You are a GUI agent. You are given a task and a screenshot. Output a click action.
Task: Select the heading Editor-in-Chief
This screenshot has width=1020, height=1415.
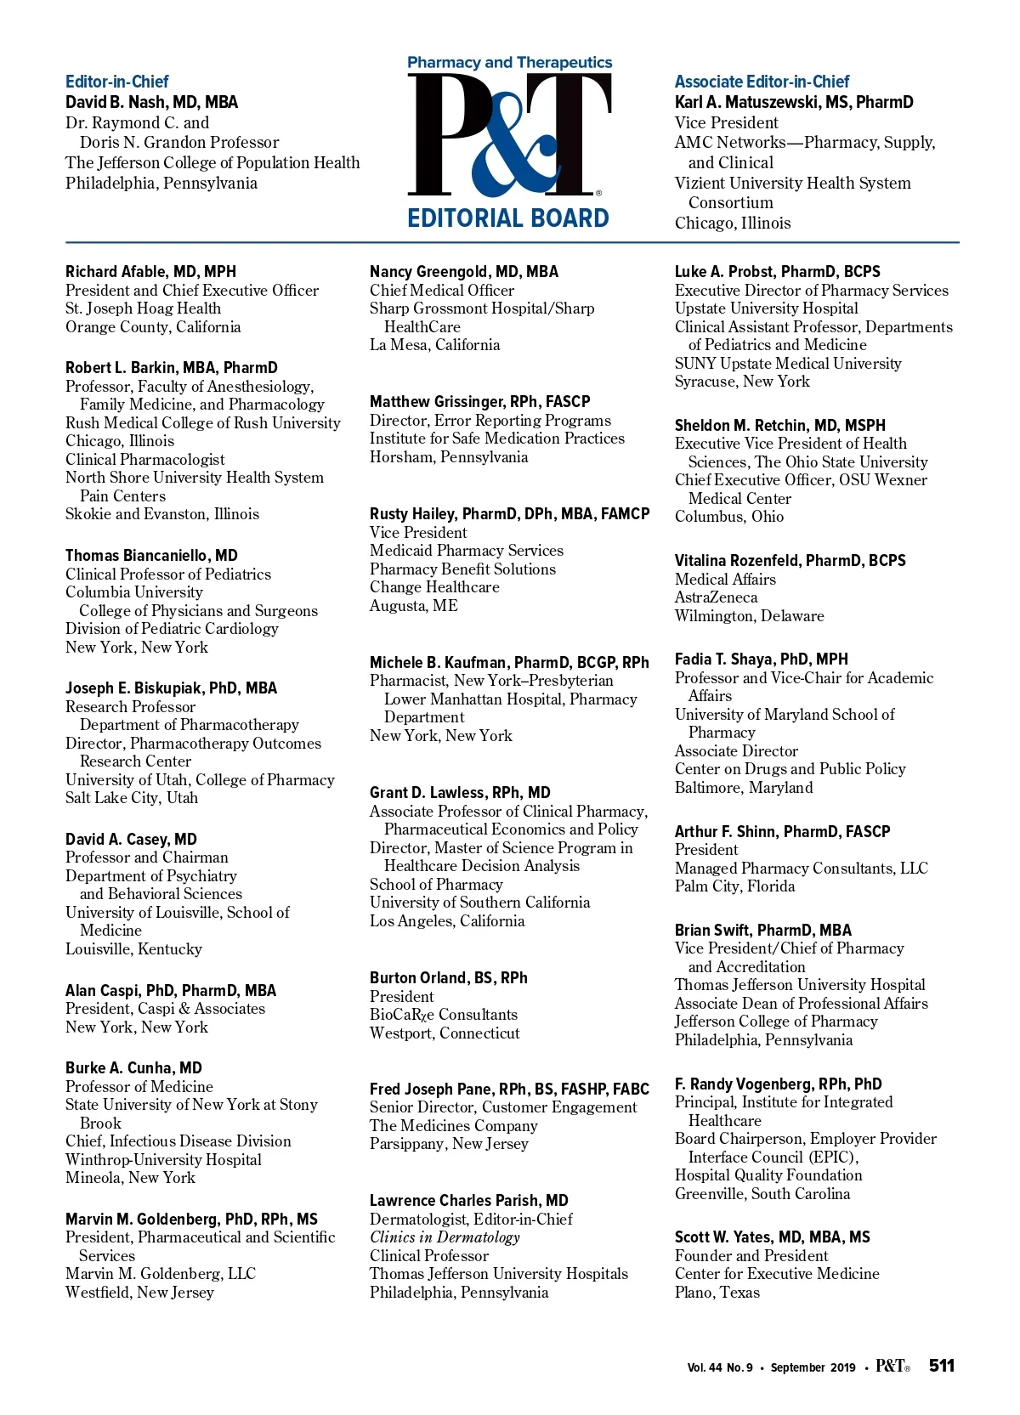[x=117, y=82]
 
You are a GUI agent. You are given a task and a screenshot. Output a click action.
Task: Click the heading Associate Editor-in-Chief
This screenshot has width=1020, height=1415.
[x=762, y=82]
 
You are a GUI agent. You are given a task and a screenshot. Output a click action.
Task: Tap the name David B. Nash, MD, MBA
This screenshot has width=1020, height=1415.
[x=151, y=102]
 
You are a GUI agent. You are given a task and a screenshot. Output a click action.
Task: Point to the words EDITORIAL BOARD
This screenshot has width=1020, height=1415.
[x=508, y=218]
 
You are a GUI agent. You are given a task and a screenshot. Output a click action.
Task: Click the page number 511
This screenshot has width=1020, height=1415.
[x=942, y=1366]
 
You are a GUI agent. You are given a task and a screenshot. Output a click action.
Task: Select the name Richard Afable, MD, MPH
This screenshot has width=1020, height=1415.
[x=150, y=272]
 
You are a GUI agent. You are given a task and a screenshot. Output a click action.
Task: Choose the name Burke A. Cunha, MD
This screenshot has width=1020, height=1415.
[x=133, y=1068]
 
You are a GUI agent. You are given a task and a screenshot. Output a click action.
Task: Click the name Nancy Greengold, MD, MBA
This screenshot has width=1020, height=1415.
[x=463, y=272]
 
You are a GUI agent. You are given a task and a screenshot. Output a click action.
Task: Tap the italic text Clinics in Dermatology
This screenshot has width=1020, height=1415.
[x=445, y=1237]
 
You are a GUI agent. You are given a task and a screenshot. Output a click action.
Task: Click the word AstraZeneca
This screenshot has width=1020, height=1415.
[x=716, y=597]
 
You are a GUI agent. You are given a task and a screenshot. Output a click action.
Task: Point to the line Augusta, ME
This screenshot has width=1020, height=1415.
[x=413, y=606]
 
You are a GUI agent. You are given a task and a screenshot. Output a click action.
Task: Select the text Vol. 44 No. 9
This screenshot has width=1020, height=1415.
[x=720, y=1367]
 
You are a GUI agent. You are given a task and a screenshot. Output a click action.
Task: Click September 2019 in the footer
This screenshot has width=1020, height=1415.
[x=813, y=1367]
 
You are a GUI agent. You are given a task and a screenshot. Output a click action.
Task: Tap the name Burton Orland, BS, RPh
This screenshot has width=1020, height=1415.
[x=448, y=978]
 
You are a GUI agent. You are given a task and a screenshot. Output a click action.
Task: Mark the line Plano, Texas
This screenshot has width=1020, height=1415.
[x=717, y=1293]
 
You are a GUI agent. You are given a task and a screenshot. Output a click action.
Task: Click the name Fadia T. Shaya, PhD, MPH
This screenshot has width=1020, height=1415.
[x=761, y=659]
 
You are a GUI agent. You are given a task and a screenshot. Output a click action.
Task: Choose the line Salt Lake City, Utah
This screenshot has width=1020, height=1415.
[x=132, y=798]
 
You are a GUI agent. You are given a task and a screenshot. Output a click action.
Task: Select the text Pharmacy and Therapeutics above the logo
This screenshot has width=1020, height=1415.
[x=509, y=63]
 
